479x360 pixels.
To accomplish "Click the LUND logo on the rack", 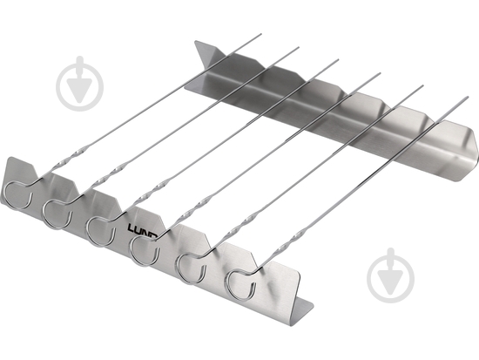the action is (142, 230).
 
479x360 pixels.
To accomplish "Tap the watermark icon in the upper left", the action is (80, 84).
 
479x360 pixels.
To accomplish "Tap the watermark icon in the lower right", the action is (391, 275).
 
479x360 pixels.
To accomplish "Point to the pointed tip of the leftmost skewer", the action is (261, 34).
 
